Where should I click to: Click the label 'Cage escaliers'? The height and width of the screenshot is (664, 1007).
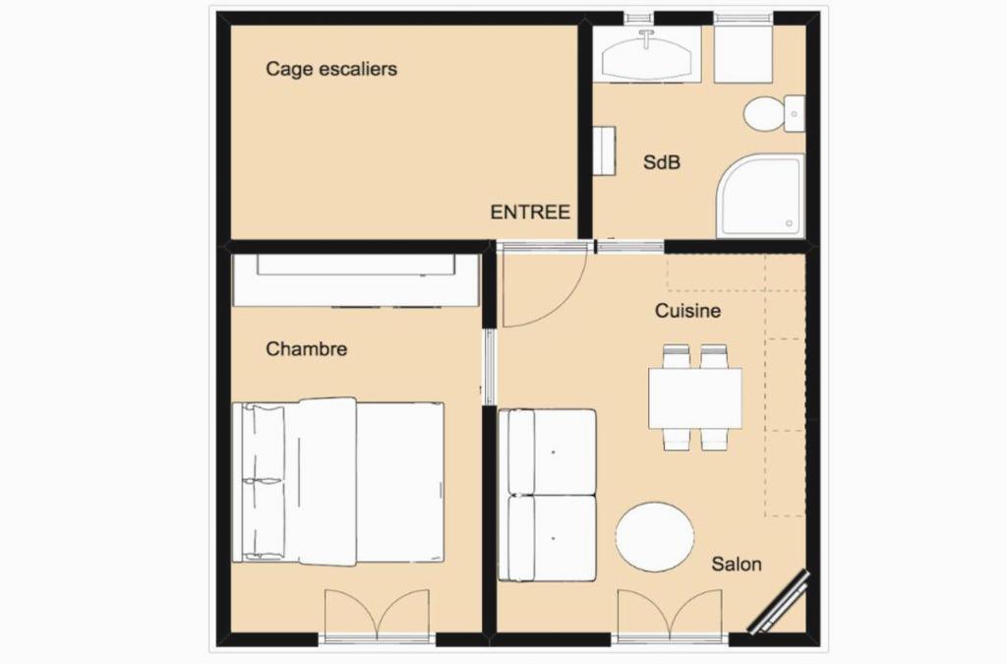click(x=331, y=70)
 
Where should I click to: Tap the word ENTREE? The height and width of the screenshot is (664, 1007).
click(x=530, y=211)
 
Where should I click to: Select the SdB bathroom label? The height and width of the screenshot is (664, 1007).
click(x=662, y=162)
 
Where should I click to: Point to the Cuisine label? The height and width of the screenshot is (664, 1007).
click(x=687, y=311)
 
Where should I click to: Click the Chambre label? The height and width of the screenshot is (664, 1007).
click(x=307, y=348)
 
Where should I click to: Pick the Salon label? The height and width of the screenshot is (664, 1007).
click(x=736, y=564)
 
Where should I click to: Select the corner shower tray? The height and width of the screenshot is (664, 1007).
click(x=760, y=196)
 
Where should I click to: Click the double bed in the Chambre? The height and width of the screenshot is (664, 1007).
click(x=338, y=482)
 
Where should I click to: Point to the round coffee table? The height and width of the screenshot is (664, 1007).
click(x=655, y=537)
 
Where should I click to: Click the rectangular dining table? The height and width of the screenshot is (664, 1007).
click(x=695, y=398)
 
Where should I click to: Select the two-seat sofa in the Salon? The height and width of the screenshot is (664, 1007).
click(x=548, y=495)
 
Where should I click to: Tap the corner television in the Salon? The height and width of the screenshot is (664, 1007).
click(x=780, y=602)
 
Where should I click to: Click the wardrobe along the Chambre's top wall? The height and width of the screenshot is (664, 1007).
click(x=356, y=280)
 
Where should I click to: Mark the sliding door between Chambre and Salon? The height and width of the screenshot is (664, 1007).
click(x=490, y=367)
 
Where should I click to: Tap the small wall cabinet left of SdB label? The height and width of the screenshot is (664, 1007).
click(x=604, y=151)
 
